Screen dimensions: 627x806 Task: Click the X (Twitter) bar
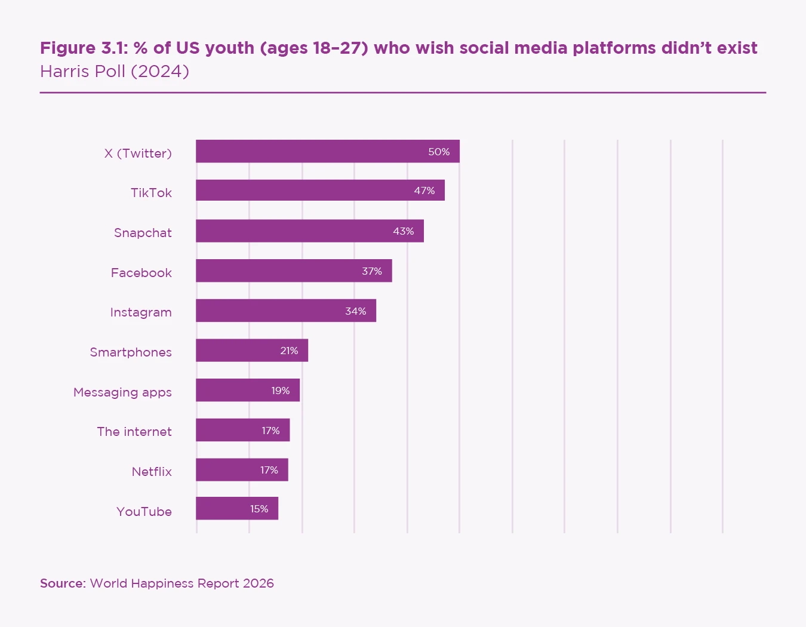[x=327, y=151]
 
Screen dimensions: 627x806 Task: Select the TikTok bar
[x=320, y=190]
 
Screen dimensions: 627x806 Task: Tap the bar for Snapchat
[x=309, y=230]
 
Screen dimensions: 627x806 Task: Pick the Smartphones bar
[x=251, y=351]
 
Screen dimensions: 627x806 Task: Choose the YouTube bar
[x=236, y=509]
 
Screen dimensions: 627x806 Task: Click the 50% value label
[x=439, y=152]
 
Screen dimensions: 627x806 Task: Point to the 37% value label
[x=372, y=271]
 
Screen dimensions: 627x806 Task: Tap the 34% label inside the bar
[x=356, y=311]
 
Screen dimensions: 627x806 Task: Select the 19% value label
[x=281, y=391]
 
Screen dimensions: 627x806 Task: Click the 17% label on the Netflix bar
[x=269, y=470]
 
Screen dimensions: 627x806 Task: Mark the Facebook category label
[x=141, y=273]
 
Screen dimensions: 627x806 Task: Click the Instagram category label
[x=141, y=312]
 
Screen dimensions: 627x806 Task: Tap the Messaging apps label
[x=122, y=392]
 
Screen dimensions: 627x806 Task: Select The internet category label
[x=134, y=432]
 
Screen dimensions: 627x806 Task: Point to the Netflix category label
[x=152, y=472]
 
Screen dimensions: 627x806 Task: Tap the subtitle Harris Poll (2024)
[x=115, y=72]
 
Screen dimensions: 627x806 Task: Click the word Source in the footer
[x=62, y=583]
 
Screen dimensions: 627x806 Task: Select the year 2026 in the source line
[x=259, y=583]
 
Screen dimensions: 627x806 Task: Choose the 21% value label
[x=289, y=351]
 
